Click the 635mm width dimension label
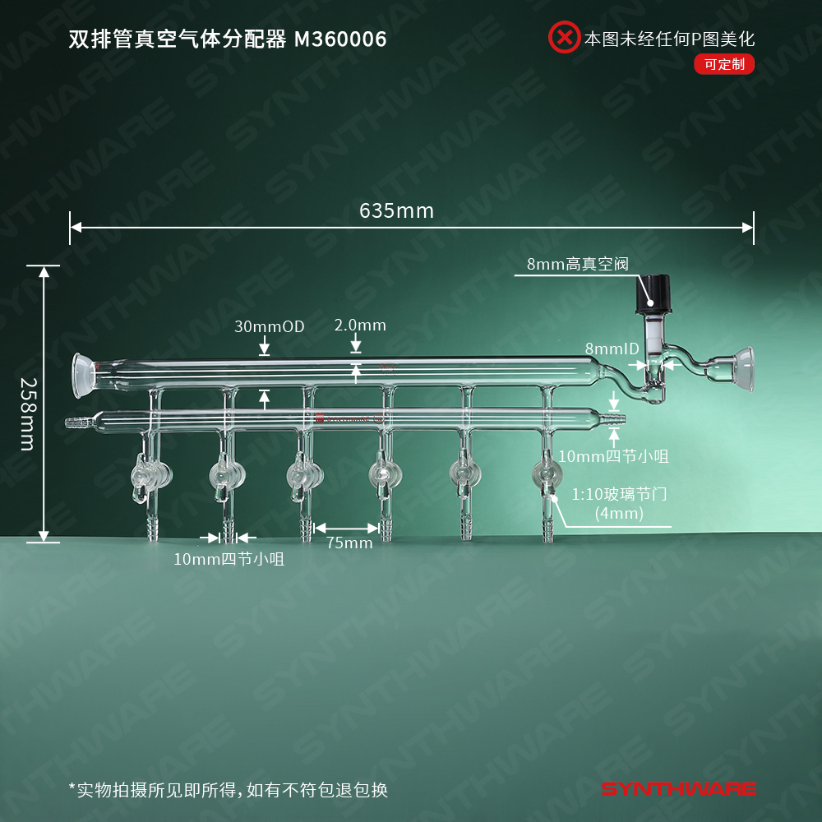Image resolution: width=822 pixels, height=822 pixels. [x=396, y=211]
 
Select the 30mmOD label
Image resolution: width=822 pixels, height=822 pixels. [x=269, y=326]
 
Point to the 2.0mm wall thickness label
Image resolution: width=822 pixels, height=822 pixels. [x=360, y=325]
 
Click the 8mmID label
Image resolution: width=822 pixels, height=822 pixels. [x=612, y=349]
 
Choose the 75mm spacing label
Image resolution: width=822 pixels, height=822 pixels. [x=349, y=543]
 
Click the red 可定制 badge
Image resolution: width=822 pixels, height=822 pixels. [x=723, y=64]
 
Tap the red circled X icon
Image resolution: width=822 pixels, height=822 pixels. [x=564, y=38]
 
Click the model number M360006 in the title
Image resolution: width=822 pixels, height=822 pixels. [x=339, y=39]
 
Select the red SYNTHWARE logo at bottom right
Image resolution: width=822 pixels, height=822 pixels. [x=678, y=789]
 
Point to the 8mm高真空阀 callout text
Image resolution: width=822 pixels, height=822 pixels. [x=577, y=264]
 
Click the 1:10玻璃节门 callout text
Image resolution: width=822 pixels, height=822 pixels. [x=618, y=496]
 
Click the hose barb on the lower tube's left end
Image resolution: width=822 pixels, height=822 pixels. [x=76, y=423]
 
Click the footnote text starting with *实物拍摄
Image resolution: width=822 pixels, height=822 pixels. [x=228, y=790]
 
